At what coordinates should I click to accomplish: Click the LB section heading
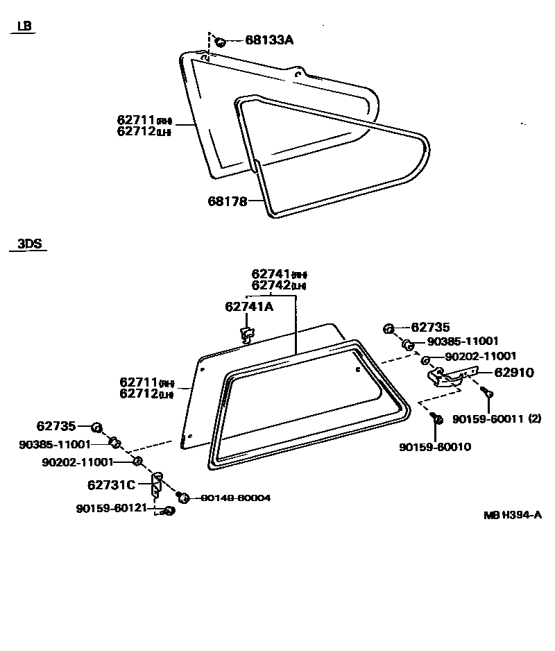[25, 26]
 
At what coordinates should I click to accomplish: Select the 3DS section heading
[30, 244]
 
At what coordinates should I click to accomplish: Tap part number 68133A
[269, 40]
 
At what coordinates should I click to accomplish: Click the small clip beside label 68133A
[220, 42]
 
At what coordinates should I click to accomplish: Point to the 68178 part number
[228, 201]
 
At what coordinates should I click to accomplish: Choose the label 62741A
[249, 306]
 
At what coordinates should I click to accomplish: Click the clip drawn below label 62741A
[246, 333]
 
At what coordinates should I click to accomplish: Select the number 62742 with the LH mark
[271, 285]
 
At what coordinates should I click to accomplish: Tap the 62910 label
[515, 373]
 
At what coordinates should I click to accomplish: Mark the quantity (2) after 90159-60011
[534, 418]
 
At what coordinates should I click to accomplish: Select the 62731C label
[112, 484]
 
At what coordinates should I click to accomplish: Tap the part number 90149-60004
[236, 498]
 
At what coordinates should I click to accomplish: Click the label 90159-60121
[112, 508]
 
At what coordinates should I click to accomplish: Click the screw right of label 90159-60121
[169, 511]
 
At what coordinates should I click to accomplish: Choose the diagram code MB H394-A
[513, 515]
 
